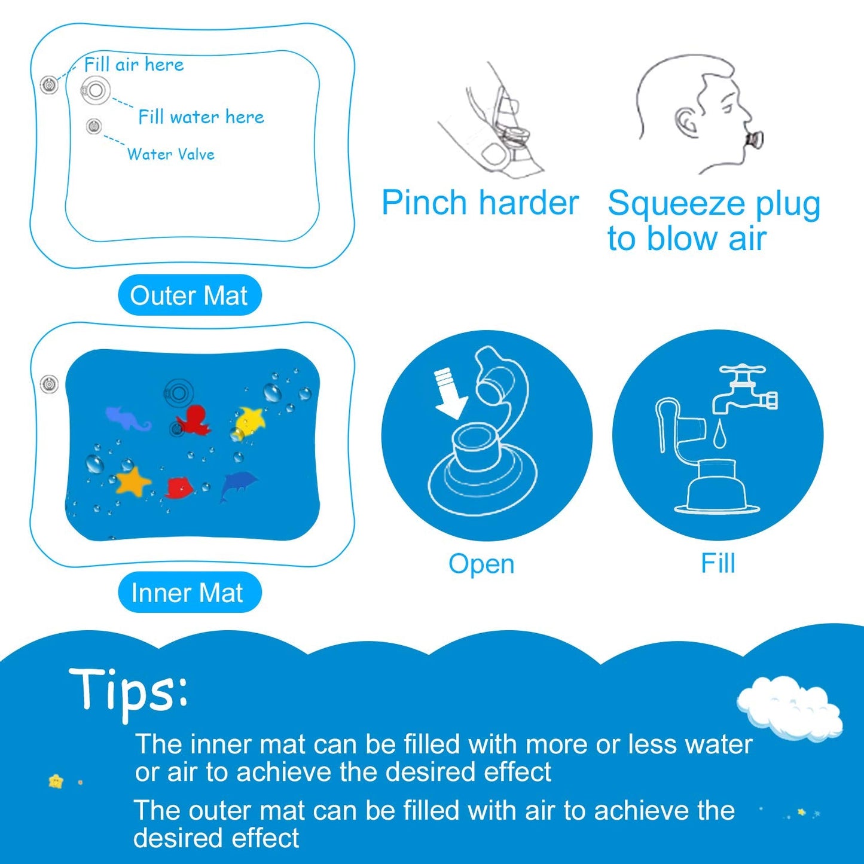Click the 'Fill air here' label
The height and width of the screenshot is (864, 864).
click(133, 65)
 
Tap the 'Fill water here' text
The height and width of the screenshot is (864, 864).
click(201, 117)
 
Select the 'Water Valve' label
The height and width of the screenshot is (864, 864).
click(171, 154)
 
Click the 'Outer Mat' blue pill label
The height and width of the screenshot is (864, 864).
click(189, 295)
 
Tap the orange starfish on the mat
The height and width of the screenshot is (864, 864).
click(133, 481)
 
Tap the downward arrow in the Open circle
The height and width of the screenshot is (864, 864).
click(450, 394)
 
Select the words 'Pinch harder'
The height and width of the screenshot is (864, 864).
click(480, 203)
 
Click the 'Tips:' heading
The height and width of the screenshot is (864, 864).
click(129, 691)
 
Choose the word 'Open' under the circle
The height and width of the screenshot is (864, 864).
click(481, 564)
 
